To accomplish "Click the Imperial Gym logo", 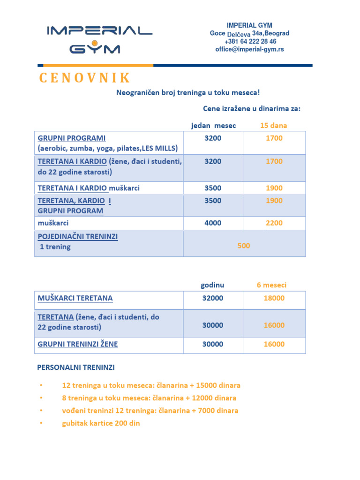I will [99, 39].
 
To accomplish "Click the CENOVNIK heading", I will [84, 78].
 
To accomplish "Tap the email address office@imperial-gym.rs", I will [249, 49].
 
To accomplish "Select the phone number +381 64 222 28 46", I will [250, 41].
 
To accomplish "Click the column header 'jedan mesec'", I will [213, 125].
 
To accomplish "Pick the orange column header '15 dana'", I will [274, 125].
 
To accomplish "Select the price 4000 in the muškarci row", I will [213, 223].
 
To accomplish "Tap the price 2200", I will [274, 223].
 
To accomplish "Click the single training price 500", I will [244, 246].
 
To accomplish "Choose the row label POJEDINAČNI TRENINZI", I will [77, 237].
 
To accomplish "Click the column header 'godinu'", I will [212, 285].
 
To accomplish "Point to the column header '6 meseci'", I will [271, 285].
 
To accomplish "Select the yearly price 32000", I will [213, 298].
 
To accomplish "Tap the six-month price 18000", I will [274, 298].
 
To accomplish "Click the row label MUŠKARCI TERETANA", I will [75, 298].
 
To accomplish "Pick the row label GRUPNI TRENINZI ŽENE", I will [77, 344].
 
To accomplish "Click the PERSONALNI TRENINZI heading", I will [76, 367].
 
